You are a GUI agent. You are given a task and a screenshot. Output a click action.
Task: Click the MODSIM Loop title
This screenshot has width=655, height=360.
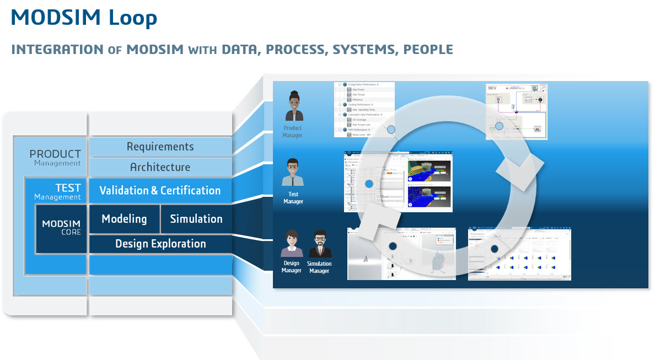(x=84, y=18)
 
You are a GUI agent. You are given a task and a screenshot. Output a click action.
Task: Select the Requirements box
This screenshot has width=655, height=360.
(x=160, y=146)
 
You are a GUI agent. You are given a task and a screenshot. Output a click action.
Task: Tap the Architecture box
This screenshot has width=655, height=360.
(x=160, y=167)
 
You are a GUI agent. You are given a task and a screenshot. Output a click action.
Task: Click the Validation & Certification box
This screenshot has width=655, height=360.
(x=160, y=191)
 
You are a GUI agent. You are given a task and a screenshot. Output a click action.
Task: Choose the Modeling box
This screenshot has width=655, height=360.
(x=124, y=219)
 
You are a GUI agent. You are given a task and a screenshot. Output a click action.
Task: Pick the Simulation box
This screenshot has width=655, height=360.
(x=196, y=219)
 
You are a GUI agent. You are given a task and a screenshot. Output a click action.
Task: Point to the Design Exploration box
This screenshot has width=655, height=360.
(x=160, y=244)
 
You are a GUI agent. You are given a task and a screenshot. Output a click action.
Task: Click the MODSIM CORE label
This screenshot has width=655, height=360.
(x=61, y=227)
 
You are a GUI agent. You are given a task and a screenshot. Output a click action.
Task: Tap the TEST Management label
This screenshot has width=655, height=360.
(x=57, y=191)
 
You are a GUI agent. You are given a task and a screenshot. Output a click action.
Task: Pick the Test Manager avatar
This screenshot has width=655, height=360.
(x=293, y=173)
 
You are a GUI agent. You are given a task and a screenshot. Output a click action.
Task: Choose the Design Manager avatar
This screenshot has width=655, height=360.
(x=292, y=244)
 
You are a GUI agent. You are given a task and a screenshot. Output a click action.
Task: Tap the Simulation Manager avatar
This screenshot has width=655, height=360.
(x=320, y=244)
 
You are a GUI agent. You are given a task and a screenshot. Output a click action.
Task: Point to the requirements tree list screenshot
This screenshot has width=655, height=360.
(x=364, y=109)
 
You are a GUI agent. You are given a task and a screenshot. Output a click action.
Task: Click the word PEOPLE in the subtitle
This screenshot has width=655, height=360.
(x=428, y=49)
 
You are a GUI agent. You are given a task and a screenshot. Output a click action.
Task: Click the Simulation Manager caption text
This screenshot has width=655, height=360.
(x=319, y=267)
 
